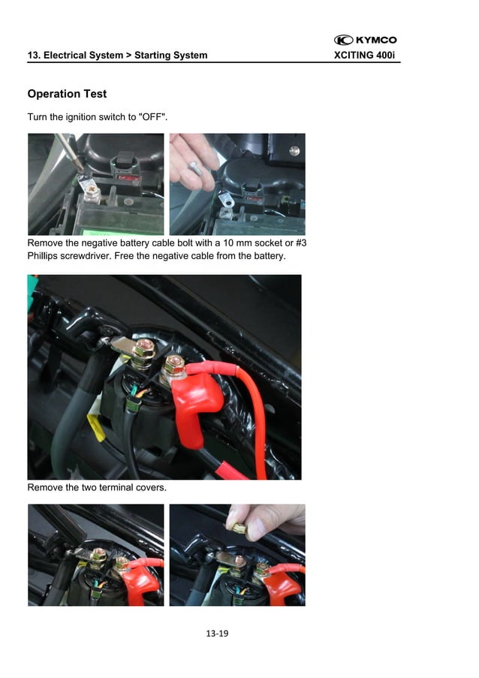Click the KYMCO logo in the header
tap(366, 40)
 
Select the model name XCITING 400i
tap(364, 56)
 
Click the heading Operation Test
tap(67, 94)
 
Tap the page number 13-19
tap(216, 634)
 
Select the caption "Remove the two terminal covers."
tap(96, 488)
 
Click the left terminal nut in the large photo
tap(145, 349)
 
